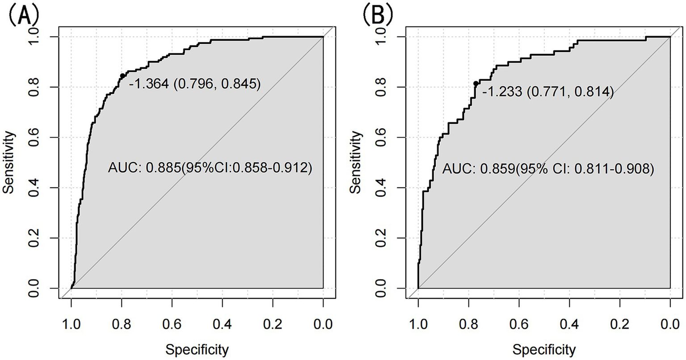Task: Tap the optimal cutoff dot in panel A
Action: click(122, 76)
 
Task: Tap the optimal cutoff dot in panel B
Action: click(476, 84)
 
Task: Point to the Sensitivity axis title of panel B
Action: click(356, 162)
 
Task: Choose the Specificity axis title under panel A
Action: click(197, 349)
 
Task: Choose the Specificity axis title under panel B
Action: click(544, 349)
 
